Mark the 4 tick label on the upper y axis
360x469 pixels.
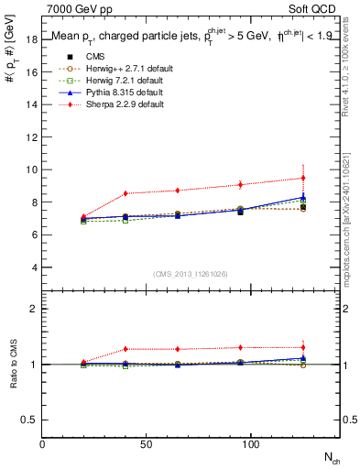(x=33, y=267)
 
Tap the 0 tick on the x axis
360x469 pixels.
(x=43, y=444)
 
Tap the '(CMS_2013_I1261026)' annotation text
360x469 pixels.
(x=191, y=274)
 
